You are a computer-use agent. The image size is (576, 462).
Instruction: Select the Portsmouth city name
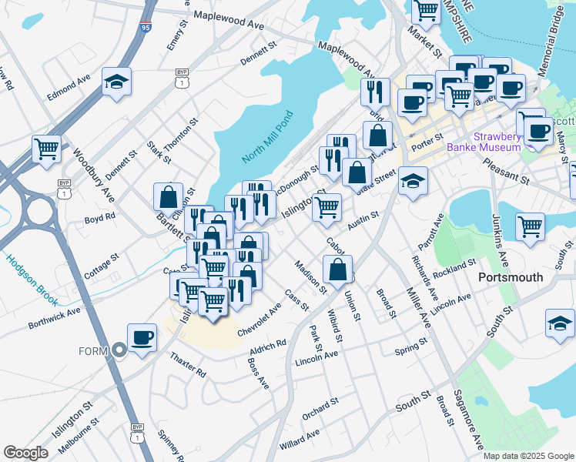coord(511,276)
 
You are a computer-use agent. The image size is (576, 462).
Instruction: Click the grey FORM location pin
coord(119,350)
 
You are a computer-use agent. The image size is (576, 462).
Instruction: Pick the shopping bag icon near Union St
coord(337,270)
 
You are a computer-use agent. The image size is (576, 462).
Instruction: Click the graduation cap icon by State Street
coord(414,182)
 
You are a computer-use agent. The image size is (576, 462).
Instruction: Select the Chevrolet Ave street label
coord(260,319)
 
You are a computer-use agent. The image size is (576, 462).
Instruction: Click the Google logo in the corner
coord(25,452)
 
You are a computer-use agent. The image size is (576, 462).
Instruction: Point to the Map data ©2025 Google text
coord(527,455)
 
